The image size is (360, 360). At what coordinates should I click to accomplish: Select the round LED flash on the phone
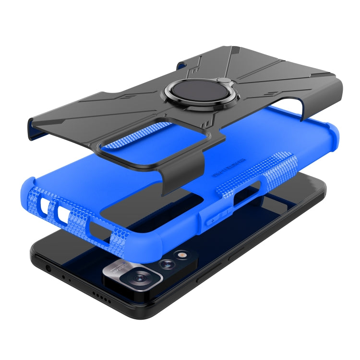pyautogui.click(x=181, y=255)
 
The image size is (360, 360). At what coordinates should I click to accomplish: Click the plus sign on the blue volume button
pyautogui.click(x=213, y=219)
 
